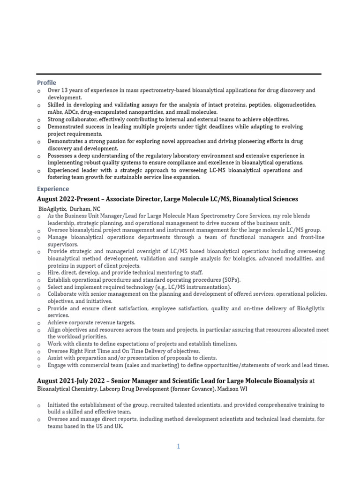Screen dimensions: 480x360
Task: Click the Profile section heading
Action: tap(46, 82)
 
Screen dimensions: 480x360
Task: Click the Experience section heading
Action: tap(52, 189)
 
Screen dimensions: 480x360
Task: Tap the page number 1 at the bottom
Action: tap(179, 447)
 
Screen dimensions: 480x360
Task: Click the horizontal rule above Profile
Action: tap(179, 74)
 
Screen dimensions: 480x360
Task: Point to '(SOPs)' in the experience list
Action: tap(230, 280)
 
